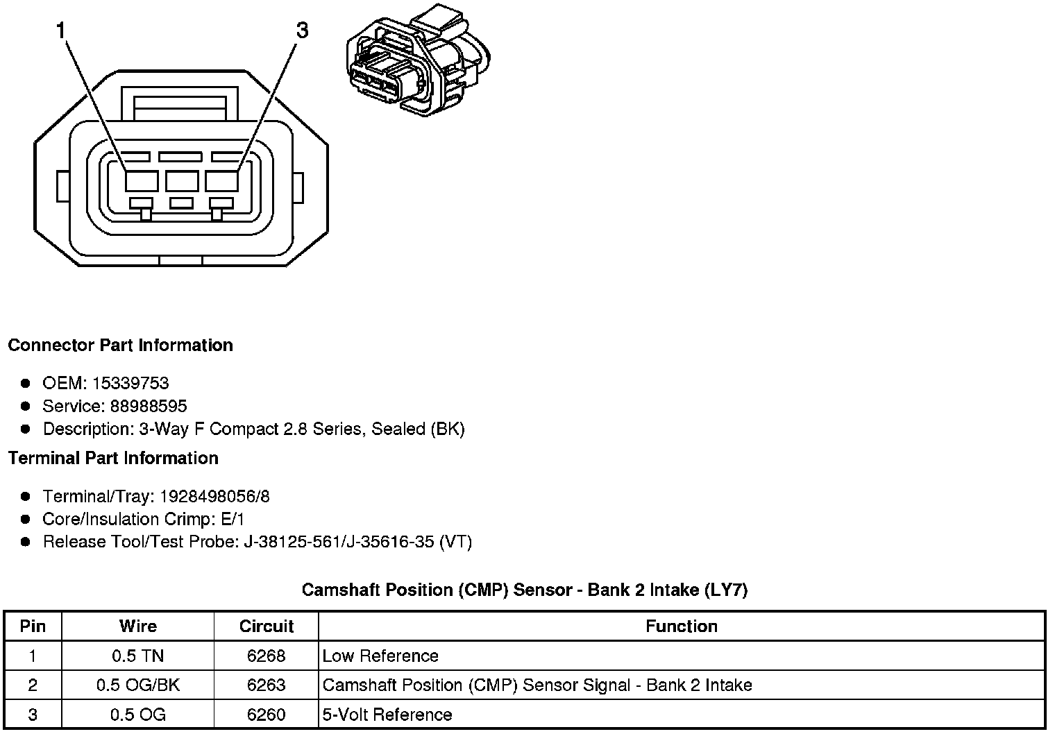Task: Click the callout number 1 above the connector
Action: pyautogui.click(x=62, y=31)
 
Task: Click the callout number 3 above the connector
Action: pyautogui.click(x=301, y=31)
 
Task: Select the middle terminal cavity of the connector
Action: pyautogui.click(x=182, y=181)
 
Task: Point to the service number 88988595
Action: pyautogui.click(x=149, y=406)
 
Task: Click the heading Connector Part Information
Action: pyautogui.click(x=120, y=345)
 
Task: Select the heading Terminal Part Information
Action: pyautogui.click(x=113, y=458)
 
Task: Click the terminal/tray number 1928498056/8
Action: pyautogui.click(x=214, y=497)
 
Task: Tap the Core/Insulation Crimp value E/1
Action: pyautogui.click(x=231, y=519)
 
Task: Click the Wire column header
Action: pyautogui.click(x=137, y=626)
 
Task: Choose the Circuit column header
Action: pyautogui.click(x=267, y=626)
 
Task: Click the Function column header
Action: pyautogui.click(x=681, y=626)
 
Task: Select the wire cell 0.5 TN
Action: pyautogui.click(x=137, y=656)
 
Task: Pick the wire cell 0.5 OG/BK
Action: pyautogui.click(x=137, y=685)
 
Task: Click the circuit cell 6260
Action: pyautogui.click(x=267, y=715)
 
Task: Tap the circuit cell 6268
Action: pyautogui.click(x=267, y=656)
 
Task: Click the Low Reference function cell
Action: pyautogui.click(x=380, y=656)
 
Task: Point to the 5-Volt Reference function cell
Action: pyautogui.click(x=387, y=715)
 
